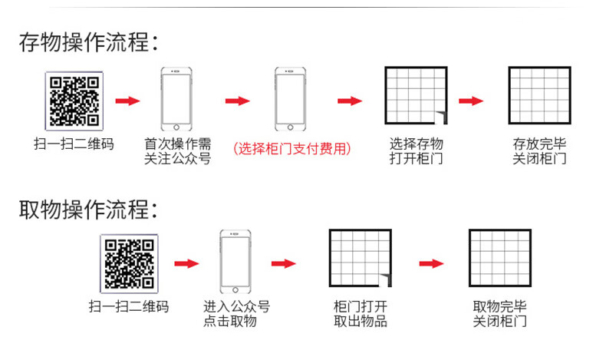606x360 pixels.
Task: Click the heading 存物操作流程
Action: tap(88, 42)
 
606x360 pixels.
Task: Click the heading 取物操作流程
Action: tap(88, 209)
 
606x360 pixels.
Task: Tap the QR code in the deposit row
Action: tap(74, 101)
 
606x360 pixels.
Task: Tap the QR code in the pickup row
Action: tap(128, 263)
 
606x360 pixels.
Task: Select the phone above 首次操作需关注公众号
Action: tap(176, 101)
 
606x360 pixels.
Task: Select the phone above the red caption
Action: tap(290, 101)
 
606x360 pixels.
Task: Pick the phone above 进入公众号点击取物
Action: tap(235, 263)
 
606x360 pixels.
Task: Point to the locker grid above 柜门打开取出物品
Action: tap(359, 259)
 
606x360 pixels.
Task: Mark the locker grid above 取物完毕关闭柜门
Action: tap(499, 259)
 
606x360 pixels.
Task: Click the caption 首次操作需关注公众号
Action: tap(178, 151)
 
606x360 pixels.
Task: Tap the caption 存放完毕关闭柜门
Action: tap(539, 151)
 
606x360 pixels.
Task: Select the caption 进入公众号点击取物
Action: tap(236, 314)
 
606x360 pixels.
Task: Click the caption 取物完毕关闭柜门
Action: tap(499, 314)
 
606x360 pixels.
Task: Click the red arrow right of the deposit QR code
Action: tap(127, 101)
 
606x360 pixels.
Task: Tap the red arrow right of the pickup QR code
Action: tap(186, 263)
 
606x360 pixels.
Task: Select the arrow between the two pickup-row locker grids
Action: tap(431, 263)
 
